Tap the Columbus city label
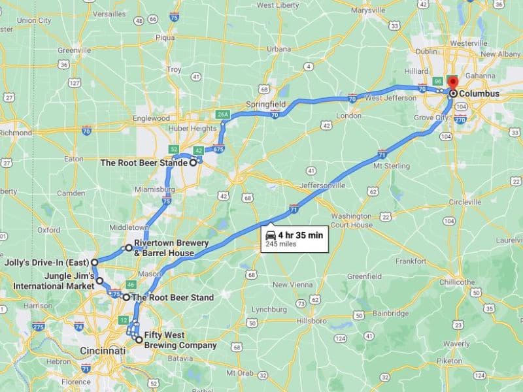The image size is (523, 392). point(479,94)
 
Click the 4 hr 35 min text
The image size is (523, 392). point(300,234)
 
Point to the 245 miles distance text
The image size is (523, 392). point(281,244)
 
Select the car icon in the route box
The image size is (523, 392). point(270,235)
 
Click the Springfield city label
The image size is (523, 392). point(265,104)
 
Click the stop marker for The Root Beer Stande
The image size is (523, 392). point(194,163)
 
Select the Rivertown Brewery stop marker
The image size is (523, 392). point(129,248)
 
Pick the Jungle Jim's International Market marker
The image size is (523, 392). point(100,281)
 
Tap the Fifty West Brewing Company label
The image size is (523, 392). point(180,340)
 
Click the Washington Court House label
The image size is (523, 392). point(351,220)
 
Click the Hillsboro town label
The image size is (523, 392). point(309,321)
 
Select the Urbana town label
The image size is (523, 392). point(278,49)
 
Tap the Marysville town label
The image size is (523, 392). point(368,10)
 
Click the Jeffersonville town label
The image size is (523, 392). point(322,186)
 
